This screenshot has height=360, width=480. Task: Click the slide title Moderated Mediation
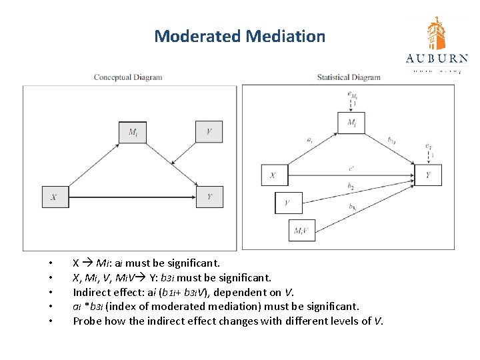(239, 36)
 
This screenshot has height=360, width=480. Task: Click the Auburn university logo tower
(437, 34)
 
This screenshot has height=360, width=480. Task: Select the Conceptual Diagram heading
(128, 77)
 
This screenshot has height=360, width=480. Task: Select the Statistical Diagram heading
(349, 77)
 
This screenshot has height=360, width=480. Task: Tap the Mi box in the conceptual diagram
(133, 132)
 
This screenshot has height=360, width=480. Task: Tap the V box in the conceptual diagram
(209, 132)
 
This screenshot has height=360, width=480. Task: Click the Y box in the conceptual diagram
(209, 197)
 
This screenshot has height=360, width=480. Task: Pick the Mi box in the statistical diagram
(351, 123)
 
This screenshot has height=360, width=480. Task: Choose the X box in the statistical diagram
(273, 176)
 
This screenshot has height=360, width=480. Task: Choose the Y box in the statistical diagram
(428, 176)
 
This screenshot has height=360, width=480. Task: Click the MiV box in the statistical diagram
(301, 231)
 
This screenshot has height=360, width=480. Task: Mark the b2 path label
(351, 186)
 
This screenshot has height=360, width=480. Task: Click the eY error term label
(429, 145)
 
